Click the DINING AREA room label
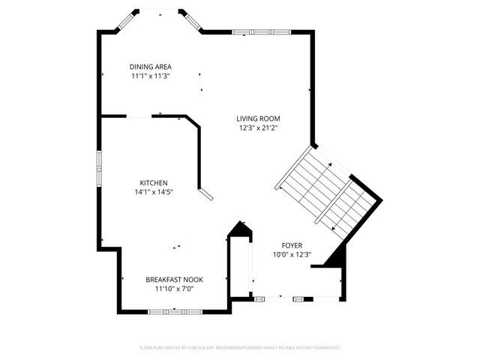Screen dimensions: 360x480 point(150,67)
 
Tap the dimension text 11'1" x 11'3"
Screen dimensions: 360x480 point(150,76)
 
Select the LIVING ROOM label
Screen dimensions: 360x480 point(258,118)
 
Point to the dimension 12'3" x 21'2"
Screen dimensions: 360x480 point(258,127)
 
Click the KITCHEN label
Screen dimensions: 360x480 point(153,183)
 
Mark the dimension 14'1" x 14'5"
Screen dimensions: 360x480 point(153,192)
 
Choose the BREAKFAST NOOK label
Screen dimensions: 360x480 point(174,280)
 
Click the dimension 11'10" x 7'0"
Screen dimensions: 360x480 point(174,289)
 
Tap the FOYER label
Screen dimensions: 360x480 point(292,245)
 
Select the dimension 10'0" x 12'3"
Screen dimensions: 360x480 point(292,255)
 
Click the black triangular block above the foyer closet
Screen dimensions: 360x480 point(239,229)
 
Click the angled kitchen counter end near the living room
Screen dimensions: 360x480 point(205,195)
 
